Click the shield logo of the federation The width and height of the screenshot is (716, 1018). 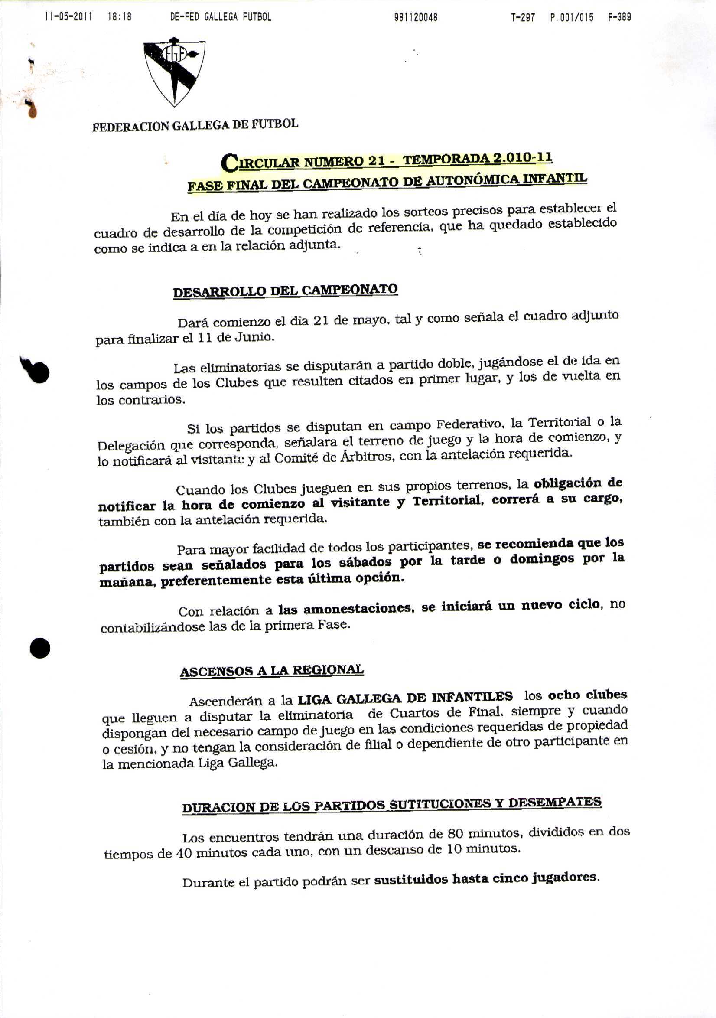(x=174, y=72)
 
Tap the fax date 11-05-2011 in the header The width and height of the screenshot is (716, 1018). (x=68, y=17)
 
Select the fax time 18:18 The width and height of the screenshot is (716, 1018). (x=119, y=17)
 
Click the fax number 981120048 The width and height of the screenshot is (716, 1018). (x=415, y=17)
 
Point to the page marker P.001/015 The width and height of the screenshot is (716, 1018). (x=572, y=17)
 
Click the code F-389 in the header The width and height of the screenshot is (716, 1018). (x=620, y=17)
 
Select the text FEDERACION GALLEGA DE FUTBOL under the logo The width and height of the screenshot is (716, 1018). (x=195, y=125)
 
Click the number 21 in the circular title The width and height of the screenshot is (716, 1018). (x=376, y=160)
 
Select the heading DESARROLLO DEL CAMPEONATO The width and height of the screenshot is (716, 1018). (x=285, y=291)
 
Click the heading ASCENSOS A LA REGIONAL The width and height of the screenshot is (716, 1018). (x=272, y=671)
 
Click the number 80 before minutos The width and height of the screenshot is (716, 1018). (x=456, y=834)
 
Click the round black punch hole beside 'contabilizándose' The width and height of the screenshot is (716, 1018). (x=40, y=648)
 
